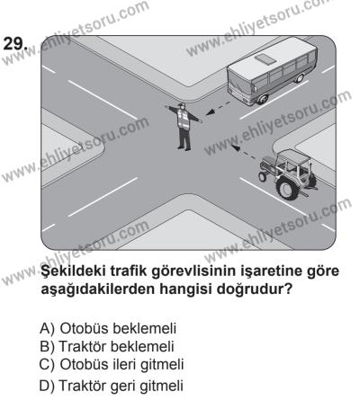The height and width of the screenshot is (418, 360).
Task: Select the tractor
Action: point(285,170)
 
